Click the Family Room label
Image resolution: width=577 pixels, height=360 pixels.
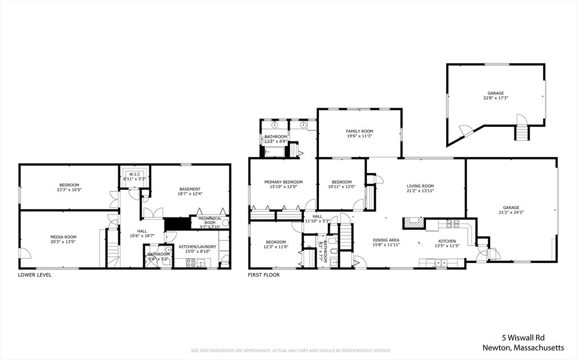359,131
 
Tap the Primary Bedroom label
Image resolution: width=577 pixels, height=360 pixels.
283,182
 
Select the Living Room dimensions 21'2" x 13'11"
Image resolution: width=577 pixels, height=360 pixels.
420,191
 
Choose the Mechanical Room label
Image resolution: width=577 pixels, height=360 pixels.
210,220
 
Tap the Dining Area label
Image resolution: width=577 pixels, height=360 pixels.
386,240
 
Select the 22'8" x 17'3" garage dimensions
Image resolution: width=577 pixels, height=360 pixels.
495,98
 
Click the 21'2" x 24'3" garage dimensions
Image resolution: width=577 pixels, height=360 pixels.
511,212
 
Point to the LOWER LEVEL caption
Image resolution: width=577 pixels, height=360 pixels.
35,275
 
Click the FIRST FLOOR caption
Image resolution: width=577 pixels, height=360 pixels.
264,275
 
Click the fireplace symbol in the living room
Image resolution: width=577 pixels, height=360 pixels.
414,223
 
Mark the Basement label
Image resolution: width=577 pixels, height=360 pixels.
190,189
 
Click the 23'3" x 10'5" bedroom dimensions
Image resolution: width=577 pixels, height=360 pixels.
69,190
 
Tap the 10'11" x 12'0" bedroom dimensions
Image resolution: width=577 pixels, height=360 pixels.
341,187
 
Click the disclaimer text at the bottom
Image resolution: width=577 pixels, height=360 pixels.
291,350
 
